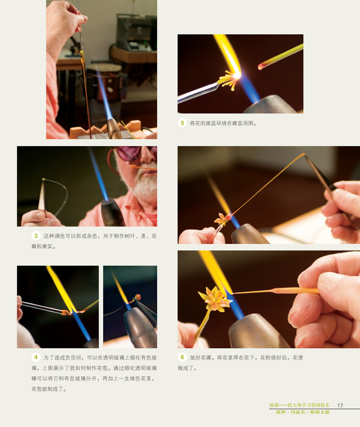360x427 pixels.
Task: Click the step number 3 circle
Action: [36, 236]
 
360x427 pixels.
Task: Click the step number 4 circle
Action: [36, 357]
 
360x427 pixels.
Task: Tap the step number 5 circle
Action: [182, 123]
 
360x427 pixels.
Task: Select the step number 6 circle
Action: [182, 357]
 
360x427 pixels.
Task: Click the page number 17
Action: [340, 405]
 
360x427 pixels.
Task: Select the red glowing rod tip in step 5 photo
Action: [261, 67]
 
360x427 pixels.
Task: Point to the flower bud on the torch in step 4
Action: [137, 297]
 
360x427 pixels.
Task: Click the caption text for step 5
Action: [223, 123]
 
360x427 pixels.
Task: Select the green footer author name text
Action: [302, 412]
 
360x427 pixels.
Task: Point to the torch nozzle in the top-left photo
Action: [113, 128]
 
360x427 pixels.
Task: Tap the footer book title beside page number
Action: [299, 405]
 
